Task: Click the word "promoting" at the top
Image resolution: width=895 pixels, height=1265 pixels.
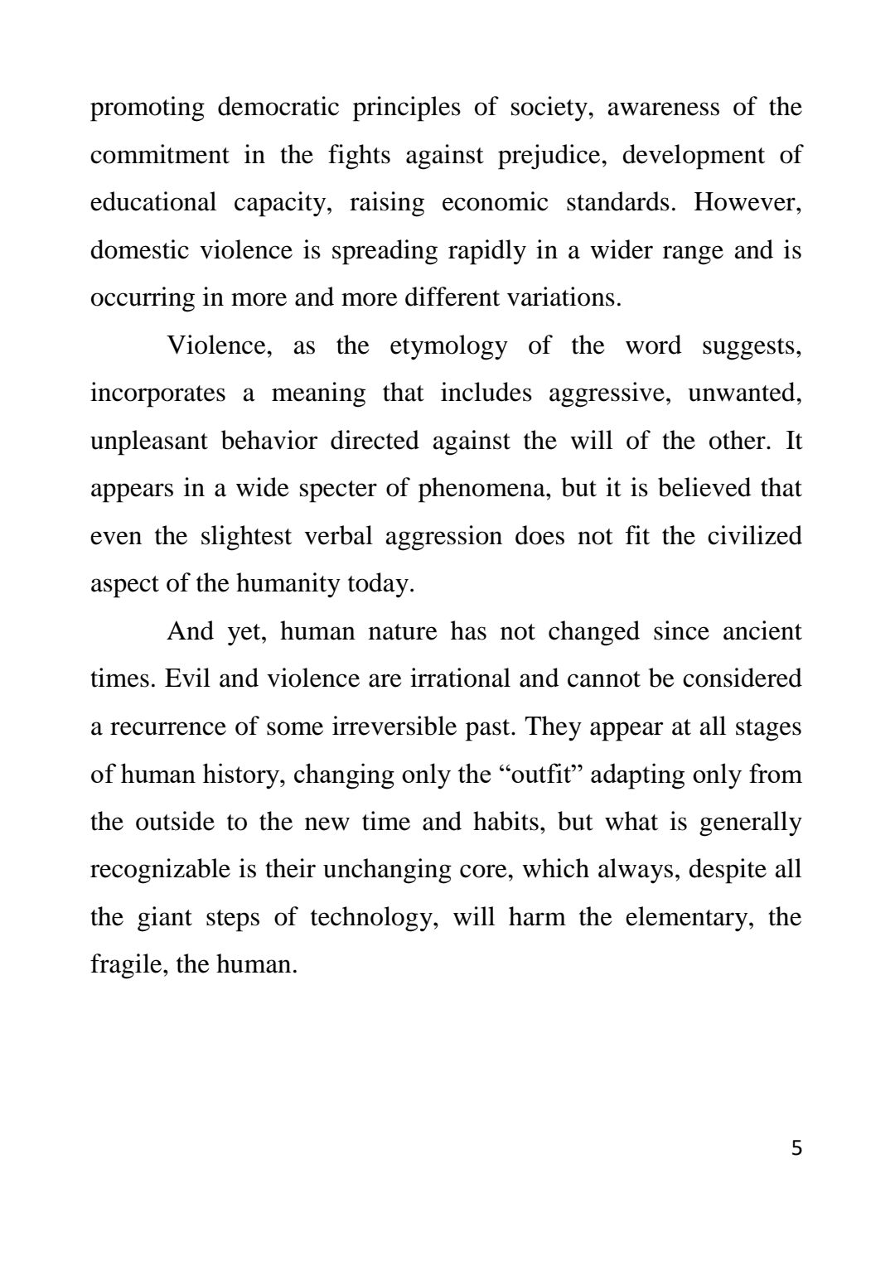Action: [147, 109]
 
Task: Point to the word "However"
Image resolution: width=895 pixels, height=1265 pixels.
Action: [747, 203]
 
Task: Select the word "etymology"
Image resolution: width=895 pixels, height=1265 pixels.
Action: [448, 345]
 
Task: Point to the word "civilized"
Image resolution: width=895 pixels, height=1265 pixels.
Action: [754, 536]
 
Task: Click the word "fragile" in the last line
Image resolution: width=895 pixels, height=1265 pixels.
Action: [119, 965]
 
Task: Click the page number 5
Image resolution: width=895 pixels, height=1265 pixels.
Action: [796, 1148]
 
